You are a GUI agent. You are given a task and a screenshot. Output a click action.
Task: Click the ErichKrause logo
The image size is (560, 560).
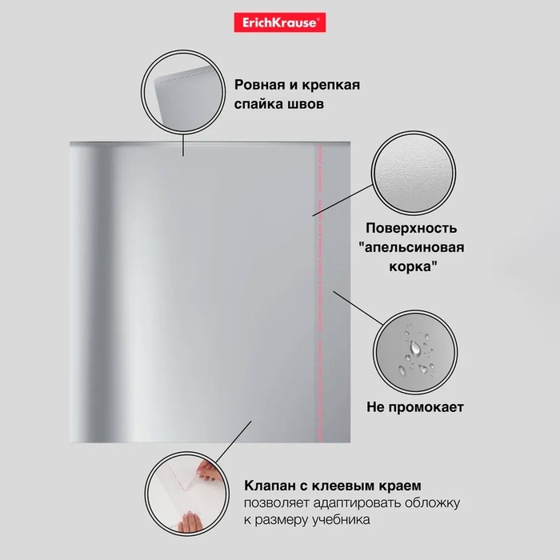click(280, 22)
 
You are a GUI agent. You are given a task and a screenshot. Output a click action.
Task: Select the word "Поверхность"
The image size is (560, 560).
click(411, 228)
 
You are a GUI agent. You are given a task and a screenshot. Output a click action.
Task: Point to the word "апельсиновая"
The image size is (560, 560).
click(414, 247)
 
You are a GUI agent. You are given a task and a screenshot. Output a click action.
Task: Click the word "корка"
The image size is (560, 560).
click(410, 266)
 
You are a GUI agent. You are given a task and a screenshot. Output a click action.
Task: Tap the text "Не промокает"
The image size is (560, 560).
click(415, 407)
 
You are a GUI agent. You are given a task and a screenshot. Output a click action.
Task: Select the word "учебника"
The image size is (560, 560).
click(341, 520)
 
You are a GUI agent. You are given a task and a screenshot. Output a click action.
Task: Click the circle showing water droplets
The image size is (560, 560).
click(415, 352)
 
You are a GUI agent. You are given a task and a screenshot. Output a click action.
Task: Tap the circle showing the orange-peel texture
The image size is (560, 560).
click(414, 173)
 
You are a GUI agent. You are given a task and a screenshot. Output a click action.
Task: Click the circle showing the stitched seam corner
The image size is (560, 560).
click(183, 92)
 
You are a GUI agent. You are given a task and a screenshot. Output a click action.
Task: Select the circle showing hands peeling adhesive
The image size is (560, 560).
click(186, 494)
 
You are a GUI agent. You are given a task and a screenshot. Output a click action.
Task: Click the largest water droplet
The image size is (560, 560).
click(414, 347)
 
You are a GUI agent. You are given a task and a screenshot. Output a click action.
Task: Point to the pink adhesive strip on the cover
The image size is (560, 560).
click(318, 293)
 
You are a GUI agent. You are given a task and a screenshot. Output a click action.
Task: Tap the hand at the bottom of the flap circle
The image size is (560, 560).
click(190, 522)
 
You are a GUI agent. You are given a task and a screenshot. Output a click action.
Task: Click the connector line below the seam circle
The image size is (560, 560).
click(183, 145)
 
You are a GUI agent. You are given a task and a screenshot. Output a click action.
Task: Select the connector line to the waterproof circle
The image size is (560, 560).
click(358, 308)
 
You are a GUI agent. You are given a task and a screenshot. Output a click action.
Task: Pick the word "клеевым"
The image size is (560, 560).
click(343, 486)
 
